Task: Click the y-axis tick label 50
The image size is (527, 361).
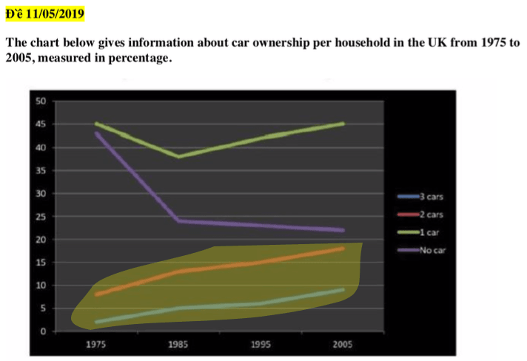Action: point(41,101)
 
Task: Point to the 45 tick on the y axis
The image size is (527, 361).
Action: point(41,124)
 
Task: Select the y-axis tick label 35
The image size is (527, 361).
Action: point(41,170)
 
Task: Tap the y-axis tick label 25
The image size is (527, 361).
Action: point(41,217)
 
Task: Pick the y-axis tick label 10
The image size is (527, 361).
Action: point(41,286)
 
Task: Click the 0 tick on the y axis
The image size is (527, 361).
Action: point(44,331)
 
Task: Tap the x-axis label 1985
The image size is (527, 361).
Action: point(178,344)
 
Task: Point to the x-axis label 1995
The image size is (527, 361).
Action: point(260,344)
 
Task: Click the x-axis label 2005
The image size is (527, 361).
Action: point(342,344)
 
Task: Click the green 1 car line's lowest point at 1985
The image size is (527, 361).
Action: point(178,156)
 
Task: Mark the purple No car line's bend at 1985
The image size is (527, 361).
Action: point(178,220)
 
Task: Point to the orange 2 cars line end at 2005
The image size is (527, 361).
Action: point(342,249)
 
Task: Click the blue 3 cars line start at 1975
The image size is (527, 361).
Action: point(96,323)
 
